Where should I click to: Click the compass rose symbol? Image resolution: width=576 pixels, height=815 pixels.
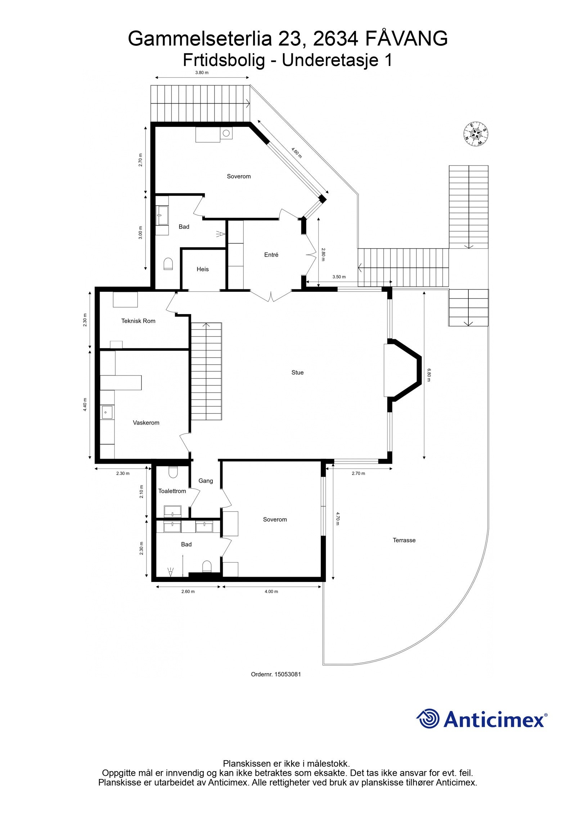(476, 134)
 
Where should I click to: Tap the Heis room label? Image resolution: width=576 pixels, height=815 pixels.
(203, 269)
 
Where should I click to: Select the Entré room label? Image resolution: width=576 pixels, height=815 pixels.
(271, 255)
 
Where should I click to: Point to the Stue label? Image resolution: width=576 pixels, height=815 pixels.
(297, 372)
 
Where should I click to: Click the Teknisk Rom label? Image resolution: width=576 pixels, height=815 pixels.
(138, 321)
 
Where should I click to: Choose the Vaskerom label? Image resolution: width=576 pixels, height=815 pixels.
(146, 422)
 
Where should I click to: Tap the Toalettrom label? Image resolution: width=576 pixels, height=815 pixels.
(172, 491)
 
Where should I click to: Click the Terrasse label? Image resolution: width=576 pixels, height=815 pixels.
(404, 540)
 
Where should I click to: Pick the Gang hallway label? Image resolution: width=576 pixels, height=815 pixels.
(206, 481)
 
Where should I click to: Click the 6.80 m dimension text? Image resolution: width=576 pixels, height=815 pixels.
(429, 375)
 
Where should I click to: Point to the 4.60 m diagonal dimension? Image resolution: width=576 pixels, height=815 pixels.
(296, 153)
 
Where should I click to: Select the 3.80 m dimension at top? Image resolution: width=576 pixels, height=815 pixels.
(202, 72)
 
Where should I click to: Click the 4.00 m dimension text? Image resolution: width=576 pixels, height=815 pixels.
(271, 591)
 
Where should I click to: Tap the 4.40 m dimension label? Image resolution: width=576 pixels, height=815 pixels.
(85, 404)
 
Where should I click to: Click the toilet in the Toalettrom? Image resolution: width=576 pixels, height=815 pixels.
(173, 472)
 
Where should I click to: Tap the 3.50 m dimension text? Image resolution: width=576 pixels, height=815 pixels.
(339, 277)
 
